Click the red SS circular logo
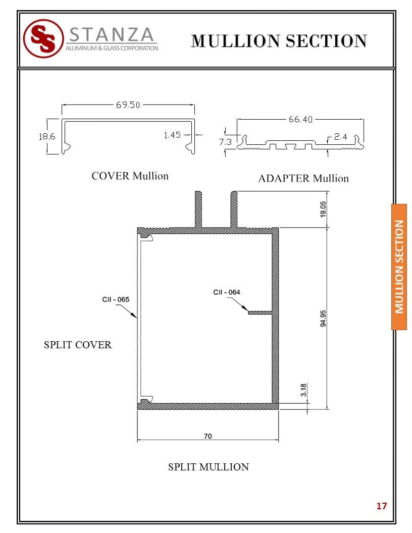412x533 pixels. tap(43, 38)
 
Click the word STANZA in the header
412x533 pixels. tap(112, 34)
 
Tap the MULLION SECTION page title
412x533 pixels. tap(279, 41)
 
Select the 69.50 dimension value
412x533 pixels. tap(128, 104)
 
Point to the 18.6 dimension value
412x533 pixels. tap(47, 137)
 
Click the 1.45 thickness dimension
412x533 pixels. tap(172, 135)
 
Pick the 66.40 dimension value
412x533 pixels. tap(300, 119)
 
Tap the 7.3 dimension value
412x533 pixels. tap(225, 142)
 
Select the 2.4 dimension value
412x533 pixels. tap(340, 137)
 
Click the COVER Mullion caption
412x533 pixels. tap(130, 176)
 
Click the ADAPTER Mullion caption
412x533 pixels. tap(303, 179)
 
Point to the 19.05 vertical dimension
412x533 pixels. tap(323, 209)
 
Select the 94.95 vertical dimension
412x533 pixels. tap(323, 318)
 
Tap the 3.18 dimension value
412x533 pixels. tap(303, 390)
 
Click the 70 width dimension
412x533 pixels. tap(208, 436)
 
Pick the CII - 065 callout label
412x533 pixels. tap(116, 299)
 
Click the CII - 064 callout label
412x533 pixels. tap(226, 292)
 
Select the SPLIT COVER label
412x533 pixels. tap(78, 345)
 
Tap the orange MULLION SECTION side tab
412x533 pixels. tap(399, 267)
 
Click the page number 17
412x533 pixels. tap(381, 506)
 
